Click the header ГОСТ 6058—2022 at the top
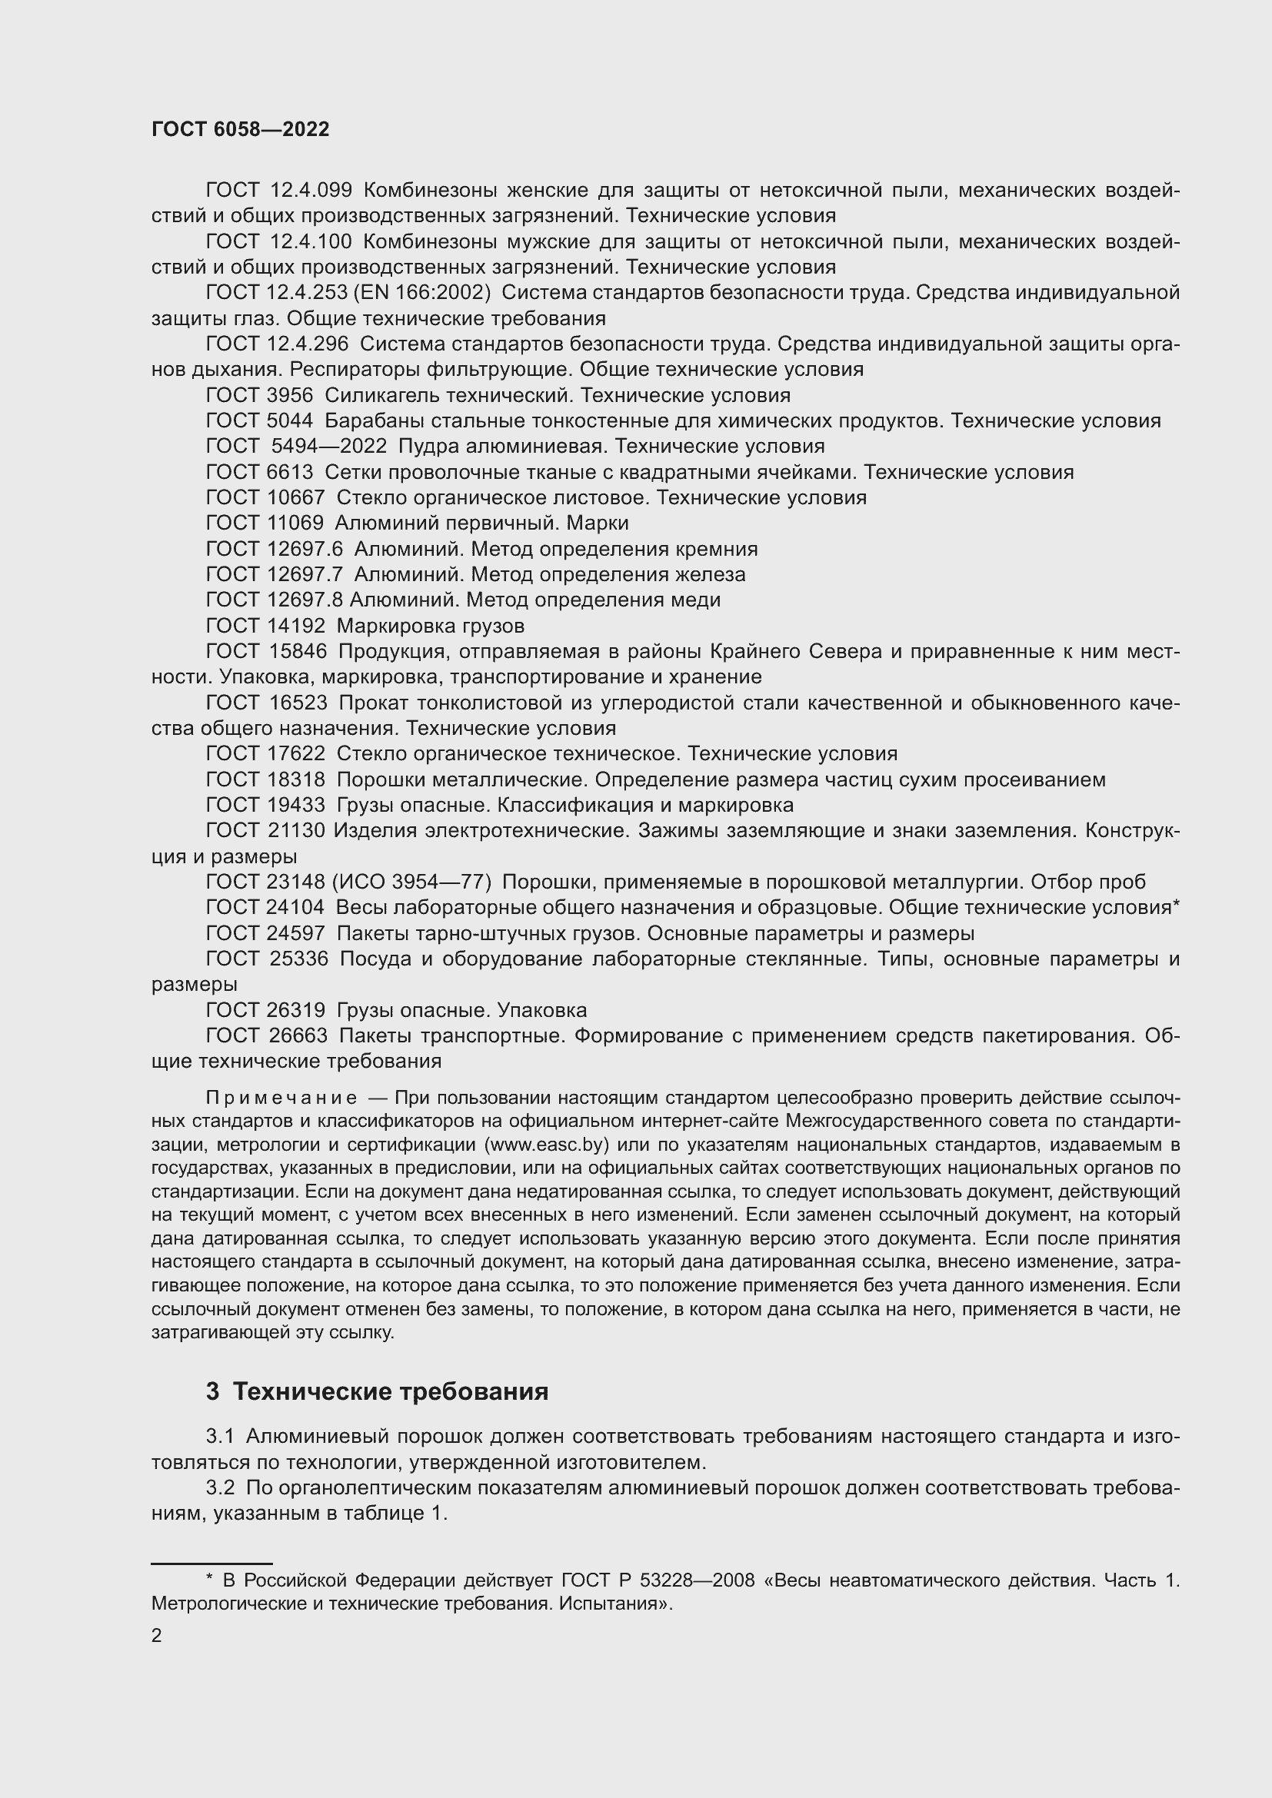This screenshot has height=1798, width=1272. [x=241, y=130]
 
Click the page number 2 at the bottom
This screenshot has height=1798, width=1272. [x=157, y=1636]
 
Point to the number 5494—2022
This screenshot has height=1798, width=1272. [x=329, y=447]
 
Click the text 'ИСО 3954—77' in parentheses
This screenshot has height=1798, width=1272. [x=412, y=882]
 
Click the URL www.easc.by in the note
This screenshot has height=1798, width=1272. [x=548, y=1145]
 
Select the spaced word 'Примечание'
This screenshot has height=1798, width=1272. [x=281, y=1098]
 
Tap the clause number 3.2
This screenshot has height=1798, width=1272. [x=220, y=1487]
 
